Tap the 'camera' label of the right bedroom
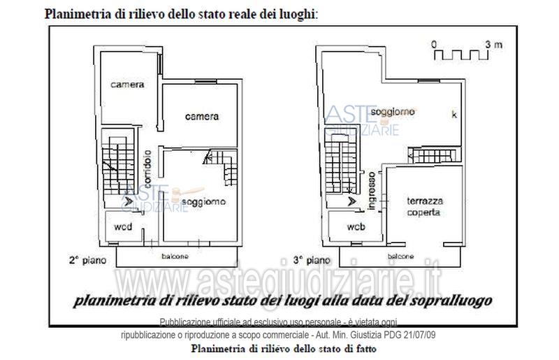[201, 116]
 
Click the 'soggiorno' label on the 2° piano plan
[206, 202]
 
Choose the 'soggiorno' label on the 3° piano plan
[393, 112]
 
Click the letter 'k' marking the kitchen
[453, 116]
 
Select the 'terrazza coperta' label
[425, 206]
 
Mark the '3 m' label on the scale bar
[494, 44]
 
